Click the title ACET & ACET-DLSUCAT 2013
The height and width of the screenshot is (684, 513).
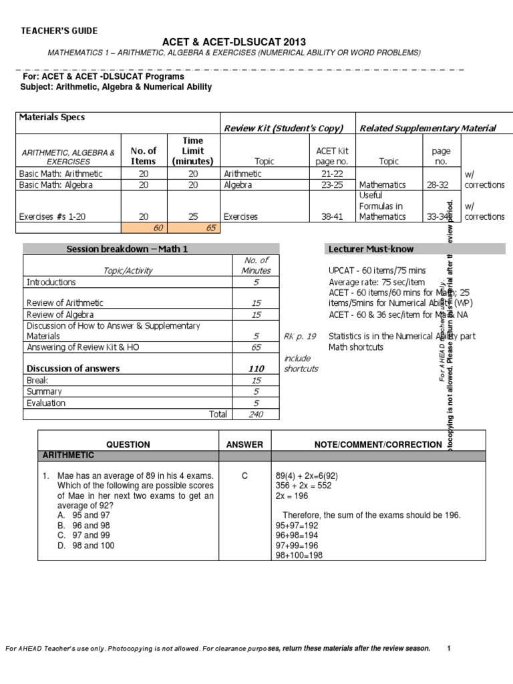coord(234,42)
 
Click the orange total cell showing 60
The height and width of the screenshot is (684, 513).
coord(158,228)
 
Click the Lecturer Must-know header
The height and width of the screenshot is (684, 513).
coord(371,249)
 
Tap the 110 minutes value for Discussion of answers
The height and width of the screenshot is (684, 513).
coord(256,368)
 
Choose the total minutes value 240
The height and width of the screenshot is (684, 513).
coord(255,414)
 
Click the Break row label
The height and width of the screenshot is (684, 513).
coord(37,379)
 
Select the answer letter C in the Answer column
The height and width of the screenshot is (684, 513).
coord(244,476)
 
